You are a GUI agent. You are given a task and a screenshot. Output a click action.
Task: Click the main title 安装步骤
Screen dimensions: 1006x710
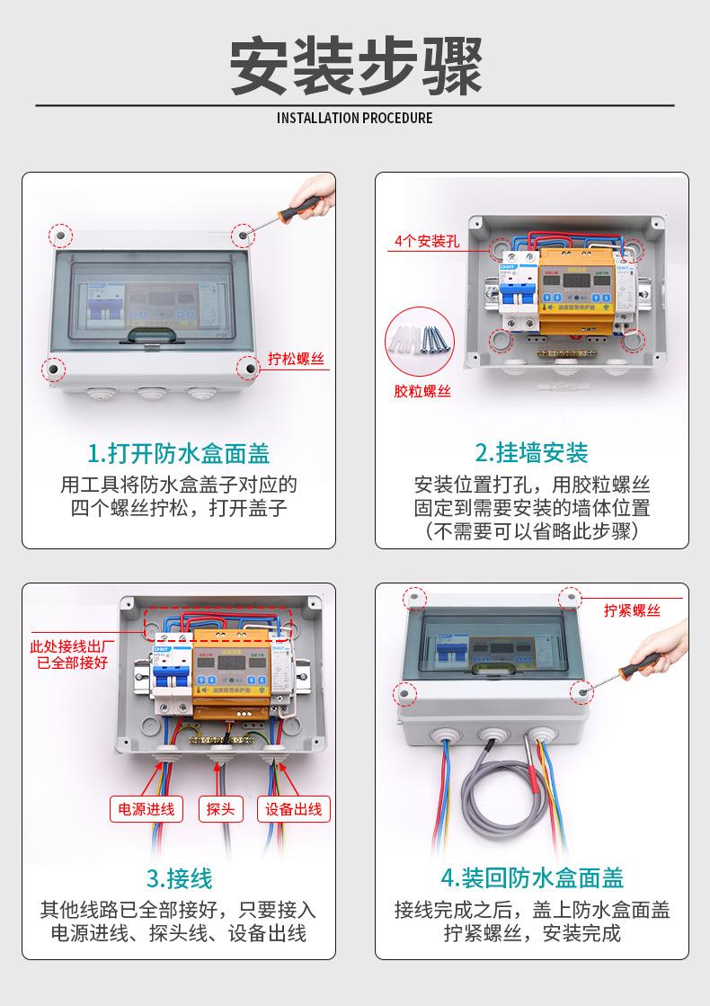click(355, 66)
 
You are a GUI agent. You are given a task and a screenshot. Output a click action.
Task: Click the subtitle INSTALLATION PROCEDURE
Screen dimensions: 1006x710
click(355, 118)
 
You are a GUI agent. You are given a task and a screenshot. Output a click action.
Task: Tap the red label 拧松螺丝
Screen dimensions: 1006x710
click(297, 360)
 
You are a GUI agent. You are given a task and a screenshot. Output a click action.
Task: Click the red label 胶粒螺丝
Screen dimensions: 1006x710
click(422, 391)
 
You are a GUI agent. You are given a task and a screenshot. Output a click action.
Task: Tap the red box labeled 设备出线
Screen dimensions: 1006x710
click(294, 808)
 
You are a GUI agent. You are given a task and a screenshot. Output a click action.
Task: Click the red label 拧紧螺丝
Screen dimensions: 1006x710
click(632, 610)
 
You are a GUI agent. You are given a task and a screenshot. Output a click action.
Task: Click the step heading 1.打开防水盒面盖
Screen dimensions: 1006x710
click(179, 451)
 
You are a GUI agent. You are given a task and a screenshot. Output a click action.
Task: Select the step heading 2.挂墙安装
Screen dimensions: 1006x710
click(531, 451)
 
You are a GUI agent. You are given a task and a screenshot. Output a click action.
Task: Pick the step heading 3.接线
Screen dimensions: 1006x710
click(179, 877)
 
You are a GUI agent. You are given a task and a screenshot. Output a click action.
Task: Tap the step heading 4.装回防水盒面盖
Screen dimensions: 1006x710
click(531, 877)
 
